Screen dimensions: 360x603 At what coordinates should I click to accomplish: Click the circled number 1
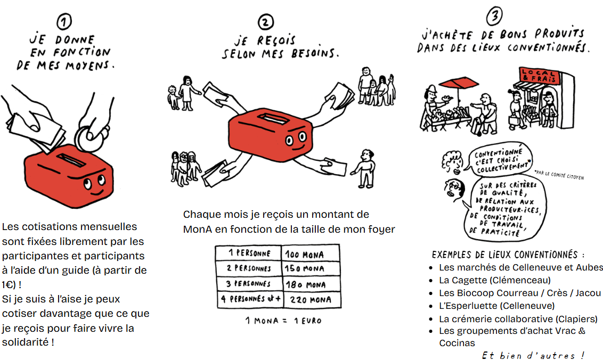click(x=64, y=21)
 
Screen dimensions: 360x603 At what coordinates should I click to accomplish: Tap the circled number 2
click(x=266, y=22)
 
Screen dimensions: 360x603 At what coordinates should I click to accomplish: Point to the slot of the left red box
click(x=69, y=158)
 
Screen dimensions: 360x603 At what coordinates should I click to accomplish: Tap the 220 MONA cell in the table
click(x=310, y=299)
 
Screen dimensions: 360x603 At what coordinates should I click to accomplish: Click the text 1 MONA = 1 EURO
click(x=283, y=321)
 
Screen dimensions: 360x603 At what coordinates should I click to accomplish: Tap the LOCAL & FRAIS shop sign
click(x=540, y=76)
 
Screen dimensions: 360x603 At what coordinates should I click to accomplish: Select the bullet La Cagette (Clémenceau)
click(x=494, y=280)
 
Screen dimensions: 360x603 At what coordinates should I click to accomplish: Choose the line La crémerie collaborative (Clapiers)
click(x=518, y=319)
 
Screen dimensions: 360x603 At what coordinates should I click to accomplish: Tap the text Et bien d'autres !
click(x=533, y=355)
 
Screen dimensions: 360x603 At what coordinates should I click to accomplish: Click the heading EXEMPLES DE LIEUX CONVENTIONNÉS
click(x=508, y=255)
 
